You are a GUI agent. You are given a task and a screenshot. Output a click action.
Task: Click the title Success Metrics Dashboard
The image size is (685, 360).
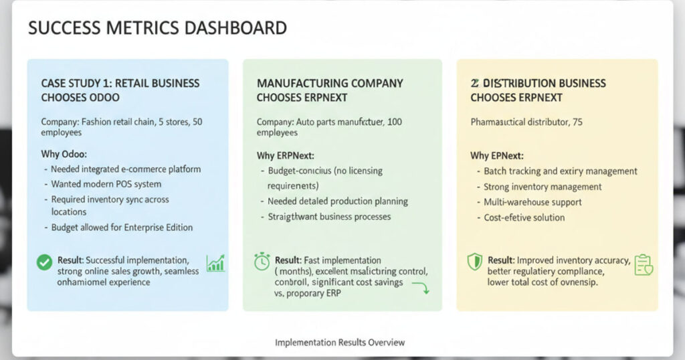tap(158, 28)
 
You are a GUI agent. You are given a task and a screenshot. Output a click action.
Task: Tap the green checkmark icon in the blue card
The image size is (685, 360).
tap(44, 263)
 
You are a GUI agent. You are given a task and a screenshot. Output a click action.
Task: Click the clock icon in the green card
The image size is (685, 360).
tap(262, 261)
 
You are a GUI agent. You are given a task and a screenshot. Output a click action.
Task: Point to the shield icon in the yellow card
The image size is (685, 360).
tap(474, 261)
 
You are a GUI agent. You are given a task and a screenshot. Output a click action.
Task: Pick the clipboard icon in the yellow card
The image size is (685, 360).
tap(643, 265)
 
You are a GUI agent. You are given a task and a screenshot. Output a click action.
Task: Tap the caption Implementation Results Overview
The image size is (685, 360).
tap(340, 343)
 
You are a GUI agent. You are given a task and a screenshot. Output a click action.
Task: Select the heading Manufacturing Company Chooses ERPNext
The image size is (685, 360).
tap(330, 90)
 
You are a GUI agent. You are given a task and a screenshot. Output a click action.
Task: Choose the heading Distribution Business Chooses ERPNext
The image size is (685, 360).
tap(538, 90)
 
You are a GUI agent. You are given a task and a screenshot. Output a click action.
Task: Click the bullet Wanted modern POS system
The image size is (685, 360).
tap(106, 184)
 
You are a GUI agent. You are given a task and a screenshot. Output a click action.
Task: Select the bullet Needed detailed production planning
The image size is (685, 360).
tap(337, 201)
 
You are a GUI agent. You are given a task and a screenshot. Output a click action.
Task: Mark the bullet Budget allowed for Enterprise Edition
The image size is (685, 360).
tap(122, 228)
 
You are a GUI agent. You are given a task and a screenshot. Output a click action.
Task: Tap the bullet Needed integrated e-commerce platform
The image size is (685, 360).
tap(126, 169)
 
